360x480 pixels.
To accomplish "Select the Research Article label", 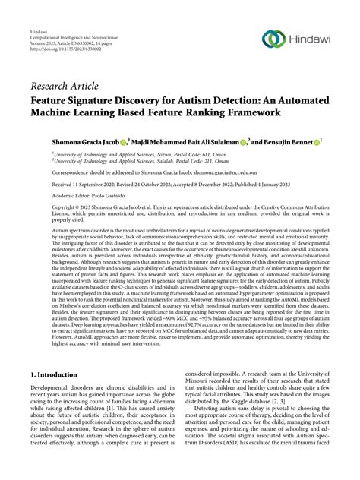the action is click(x=65, y=84).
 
